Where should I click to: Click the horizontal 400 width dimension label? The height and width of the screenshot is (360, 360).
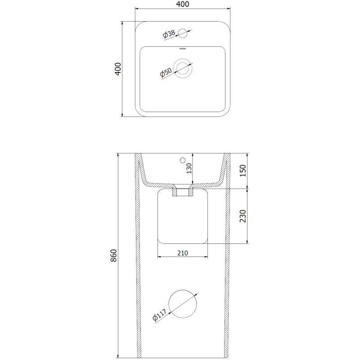coord(183,4)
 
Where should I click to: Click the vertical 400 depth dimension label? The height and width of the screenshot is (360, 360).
coord(118,68)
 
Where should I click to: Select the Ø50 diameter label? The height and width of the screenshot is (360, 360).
coord(166,72)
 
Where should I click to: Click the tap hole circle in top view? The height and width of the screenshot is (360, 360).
coord(183,32)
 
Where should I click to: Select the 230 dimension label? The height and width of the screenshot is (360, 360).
coord(243,216)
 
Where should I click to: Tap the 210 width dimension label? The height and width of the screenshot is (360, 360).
coord(182,253)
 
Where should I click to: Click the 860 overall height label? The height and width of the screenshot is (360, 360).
coord(114,256)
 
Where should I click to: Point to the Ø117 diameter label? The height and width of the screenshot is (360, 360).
coord(159,316)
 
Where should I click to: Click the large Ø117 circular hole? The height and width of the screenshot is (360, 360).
coord(183,304)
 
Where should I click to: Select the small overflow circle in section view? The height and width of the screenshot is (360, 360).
coord(183,160)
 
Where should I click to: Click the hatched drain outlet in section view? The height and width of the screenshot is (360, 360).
coord(183,192)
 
